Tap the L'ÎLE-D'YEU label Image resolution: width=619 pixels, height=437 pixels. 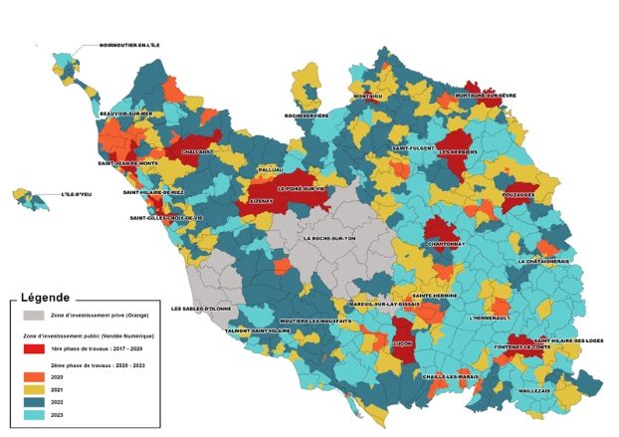coord(78,194)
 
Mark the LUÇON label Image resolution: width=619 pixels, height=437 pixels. coord(404,342)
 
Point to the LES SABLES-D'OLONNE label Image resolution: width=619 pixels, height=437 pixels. coord(203,309)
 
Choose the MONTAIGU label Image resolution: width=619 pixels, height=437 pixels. coord(369,97)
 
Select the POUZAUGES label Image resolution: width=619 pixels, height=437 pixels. coord(518,195)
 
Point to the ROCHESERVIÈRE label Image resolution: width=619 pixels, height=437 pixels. coord(307,115)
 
